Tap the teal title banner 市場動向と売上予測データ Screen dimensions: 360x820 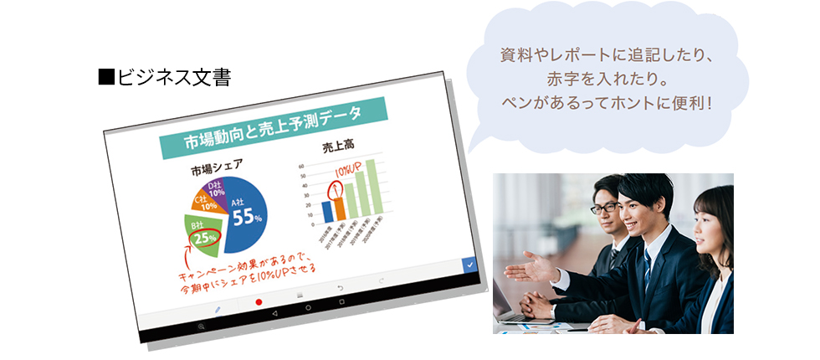(x=273, y=128)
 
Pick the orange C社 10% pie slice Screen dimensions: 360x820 (x=201, y=202)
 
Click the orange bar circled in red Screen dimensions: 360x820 (x=338, y=207)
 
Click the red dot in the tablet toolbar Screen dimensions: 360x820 (x=259, y=301)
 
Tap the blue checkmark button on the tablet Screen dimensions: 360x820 (x=469, y=264)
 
